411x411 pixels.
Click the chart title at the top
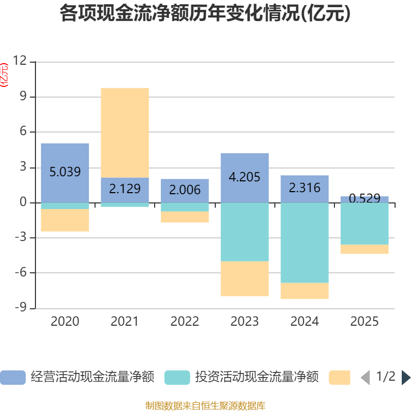[x=206, y=13]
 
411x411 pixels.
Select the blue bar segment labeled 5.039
[x=65, y=173]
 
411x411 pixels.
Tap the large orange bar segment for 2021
[x=125, y=133]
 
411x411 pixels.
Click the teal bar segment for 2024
[x=305, y=242]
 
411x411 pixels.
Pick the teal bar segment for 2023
[x=245, y=232]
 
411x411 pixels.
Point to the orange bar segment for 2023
[x=245, y=278]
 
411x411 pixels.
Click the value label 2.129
[x=125, y=189]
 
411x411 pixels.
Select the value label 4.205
[x=245, y=177]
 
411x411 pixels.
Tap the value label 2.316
[x=305, y=188]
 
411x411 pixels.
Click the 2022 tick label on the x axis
[x=184, y=322]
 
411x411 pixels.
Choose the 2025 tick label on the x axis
[x=364, y=322]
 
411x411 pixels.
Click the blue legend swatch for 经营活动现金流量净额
[x=13, y=378]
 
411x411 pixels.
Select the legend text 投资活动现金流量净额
[x=257, y=378]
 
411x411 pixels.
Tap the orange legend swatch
[x=340, y=378]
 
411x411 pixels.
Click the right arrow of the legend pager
[x=406, y=378]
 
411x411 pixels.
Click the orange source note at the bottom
[x=206, y=406]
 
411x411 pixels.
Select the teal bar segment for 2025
[x=364, y=223]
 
